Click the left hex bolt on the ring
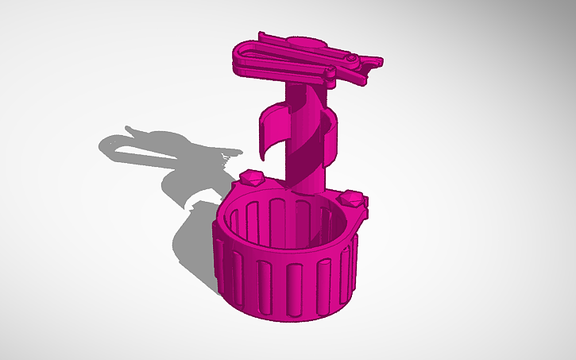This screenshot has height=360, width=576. pyautogui.click(x=251, y=178)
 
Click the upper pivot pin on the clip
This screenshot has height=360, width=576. pyautogui.click(x=350, y=57)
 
